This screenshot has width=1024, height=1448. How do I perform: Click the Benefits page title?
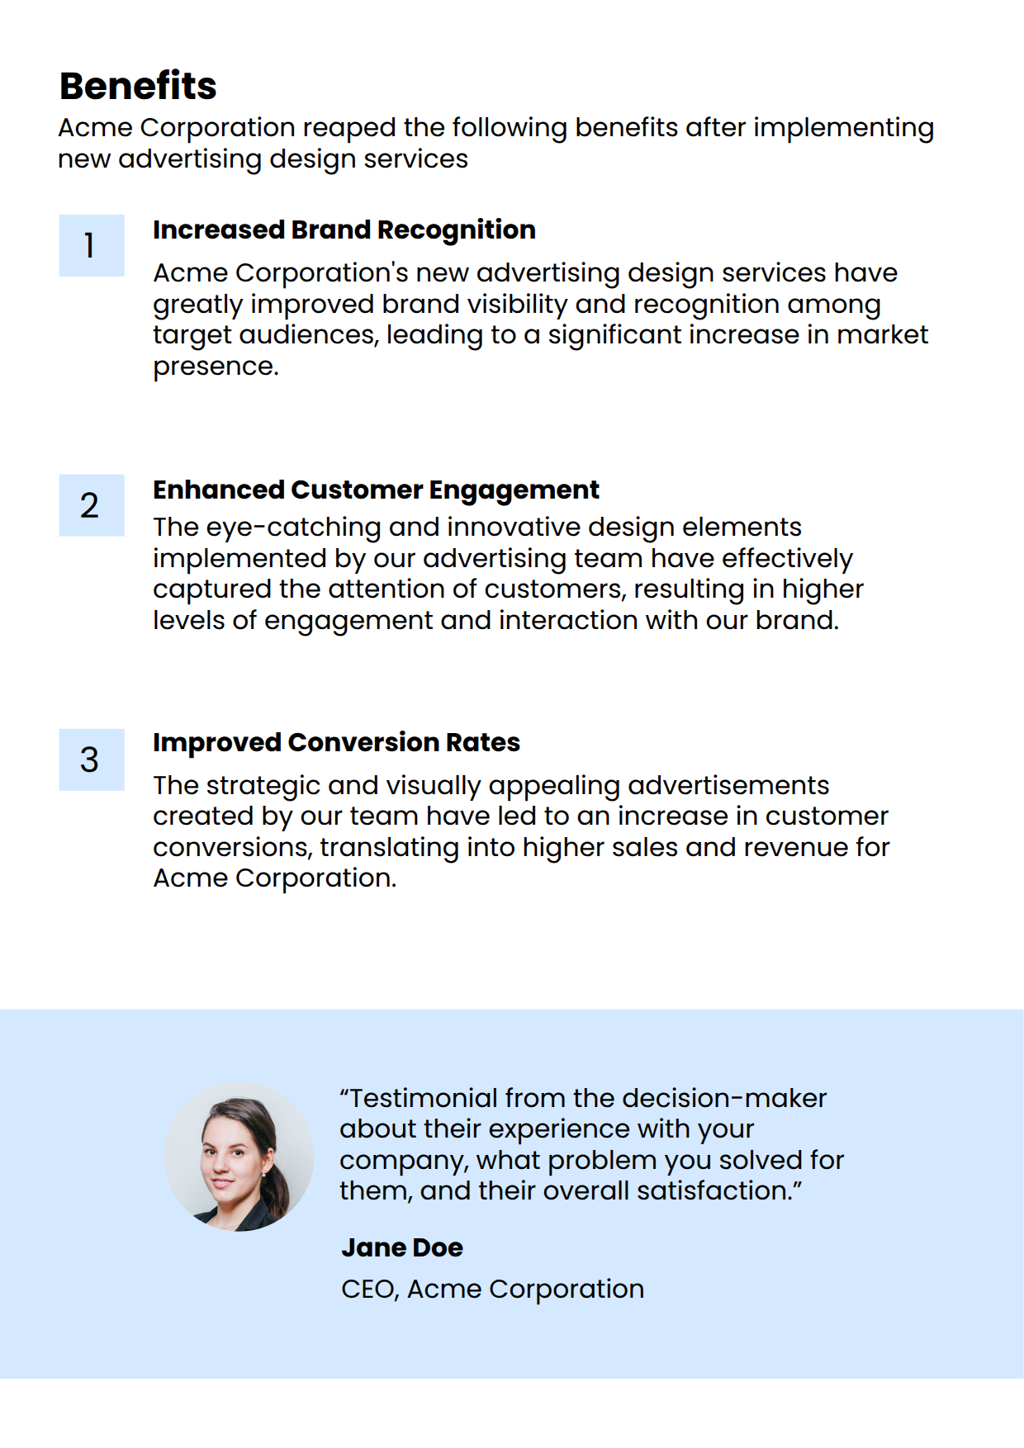(138, 86)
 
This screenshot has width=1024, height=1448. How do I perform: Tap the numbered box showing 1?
(91, 245)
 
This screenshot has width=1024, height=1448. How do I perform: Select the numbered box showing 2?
(91, 505)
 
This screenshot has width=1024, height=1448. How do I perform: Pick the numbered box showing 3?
(91, 759)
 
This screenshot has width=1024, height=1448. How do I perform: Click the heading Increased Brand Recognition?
(344, 230)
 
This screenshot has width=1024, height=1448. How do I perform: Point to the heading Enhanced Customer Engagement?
(376, 490)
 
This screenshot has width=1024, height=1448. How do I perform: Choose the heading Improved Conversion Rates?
(336, 742)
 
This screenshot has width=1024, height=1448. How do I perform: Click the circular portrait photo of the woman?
(239, 1156)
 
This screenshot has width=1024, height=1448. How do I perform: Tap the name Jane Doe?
(401, 1247)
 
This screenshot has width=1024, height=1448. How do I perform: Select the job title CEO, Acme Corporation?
(492, 1289)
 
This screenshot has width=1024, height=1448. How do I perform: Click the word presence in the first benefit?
(215, 367)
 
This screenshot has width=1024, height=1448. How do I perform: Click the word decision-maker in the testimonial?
(724, 1099)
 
